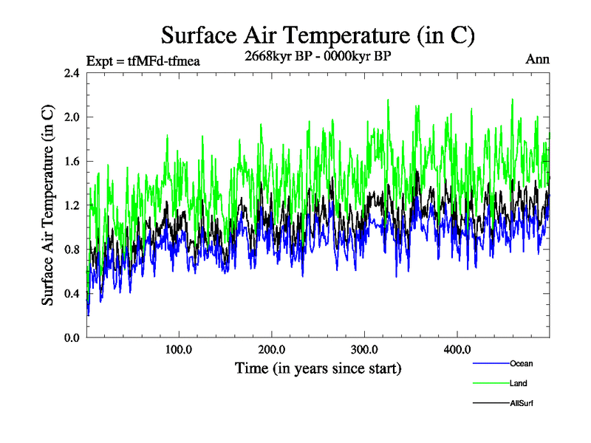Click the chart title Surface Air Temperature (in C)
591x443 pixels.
[317, 35]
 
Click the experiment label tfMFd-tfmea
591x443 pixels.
[143, 61]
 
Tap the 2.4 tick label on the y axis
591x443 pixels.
[72, 73]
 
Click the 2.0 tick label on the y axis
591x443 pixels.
[72, 117]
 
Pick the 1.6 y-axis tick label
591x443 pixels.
[72, 161]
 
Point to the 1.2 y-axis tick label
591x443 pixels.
[72, 205]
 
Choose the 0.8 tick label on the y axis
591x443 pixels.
[72, 250]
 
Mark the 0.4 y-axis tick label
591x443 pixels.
[72, 294]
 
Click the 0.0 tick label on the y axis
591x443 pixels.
[72, 338]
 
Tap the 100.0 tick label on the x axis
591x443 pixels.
[179, 349]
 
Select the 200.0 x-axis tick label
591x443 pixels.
[272, 349]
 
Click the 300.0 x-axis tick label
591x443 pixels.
[365, 349]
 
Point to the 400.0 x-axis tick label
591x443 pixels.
[457, 349]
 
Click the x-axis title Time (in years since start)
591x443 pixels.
[318, 368]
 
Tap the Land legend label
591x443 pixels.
[519, 384]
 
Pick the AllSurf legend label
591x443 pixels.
[522, 404]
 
